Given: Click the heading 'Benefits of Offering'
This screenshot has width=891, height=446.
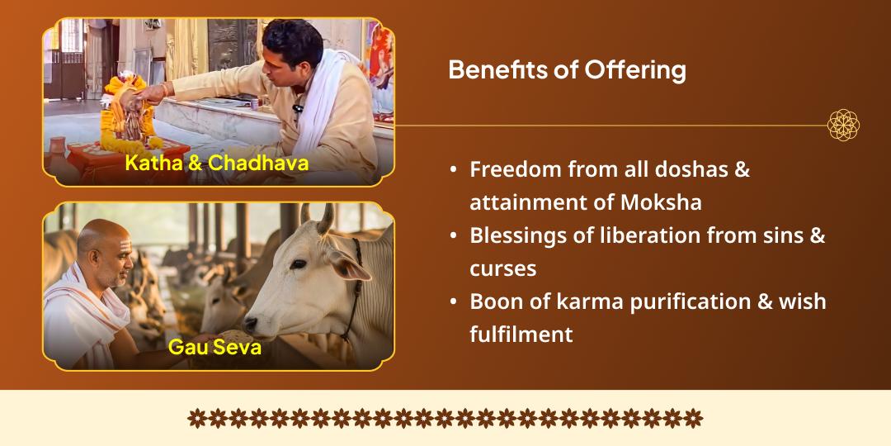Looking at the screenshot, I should pos(567,70).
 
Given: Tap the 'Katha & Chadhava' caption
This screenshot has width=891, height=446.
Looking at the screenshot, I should pos(217,163).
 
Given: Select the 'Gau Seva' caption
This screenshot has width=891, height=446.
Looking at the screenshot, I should pos(214,346).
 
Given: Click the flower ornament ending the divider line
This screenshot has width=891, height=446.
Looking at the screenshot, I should pos(843,126).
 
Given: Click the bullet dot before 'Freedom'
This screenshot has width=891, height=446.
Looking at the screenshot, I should pos(454,169).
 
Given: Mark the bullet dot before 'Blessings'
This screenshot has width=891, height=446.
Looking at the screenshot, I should pos(454,235).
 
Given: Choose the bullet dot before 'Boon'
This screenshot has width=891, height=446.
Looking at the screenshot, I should pos(454,301).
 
